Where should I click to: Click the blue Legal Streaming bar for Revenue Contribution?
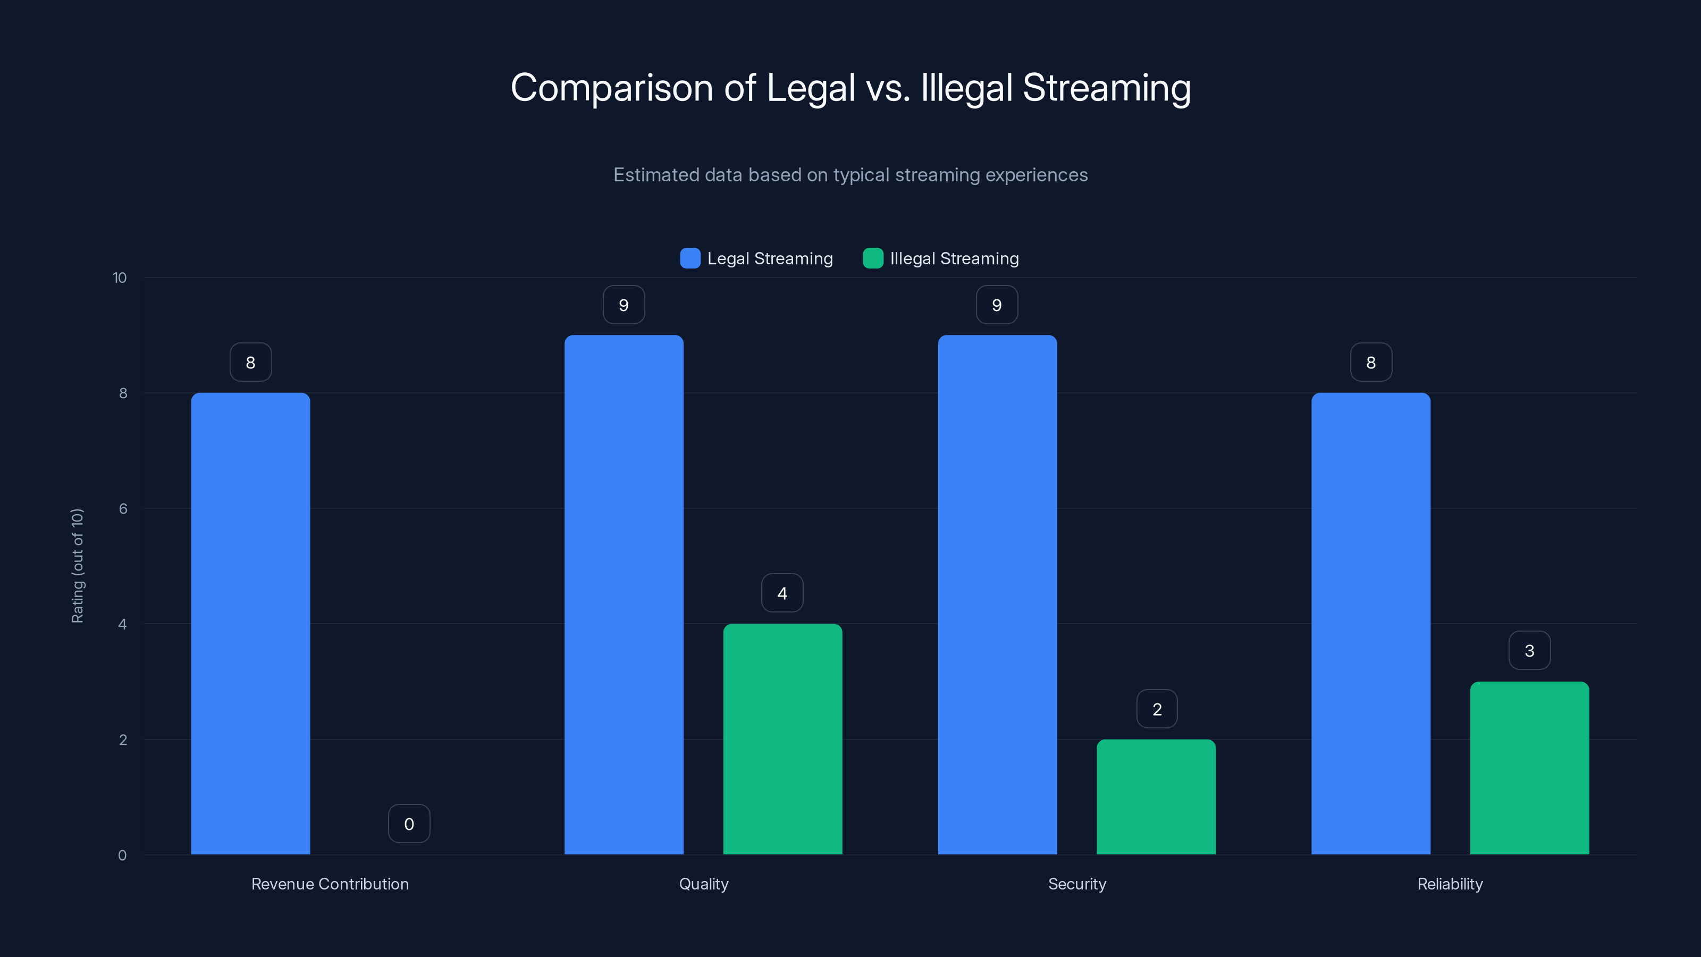pos(250,624)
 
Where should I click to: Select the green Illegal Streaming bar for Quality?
pos(782,739)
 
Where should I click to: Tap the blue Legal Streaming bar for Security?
pos(997,594)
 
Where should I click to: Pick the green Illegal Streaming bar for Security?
pos(1156,796)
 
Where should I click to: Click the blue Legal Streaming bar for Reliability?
pos(1371,624)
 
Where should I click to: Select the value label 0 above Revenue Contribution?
pos(409,824)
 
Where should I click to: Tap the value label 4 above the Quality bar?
pos(782,593)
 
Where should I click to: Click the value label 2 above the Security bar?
pos(1157,709)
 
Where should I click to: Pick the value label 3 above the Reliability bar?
pos(1529,651)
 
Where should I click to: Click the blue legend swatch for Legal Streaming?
pos(690,258)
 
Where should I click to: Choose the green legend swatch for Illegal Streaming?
pos(873,258)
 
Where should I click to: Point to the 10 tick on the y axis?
pos(120,278)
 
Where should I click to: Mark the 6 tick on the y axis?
pos(123,509)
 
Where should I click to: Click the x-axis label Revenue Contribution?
pos(330,884)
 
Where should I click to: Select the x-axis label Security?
pos(1077,884)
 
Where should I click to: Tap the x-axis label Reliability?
pos(1450,884)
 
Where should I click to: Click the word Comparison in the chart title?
pos(611,88)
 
